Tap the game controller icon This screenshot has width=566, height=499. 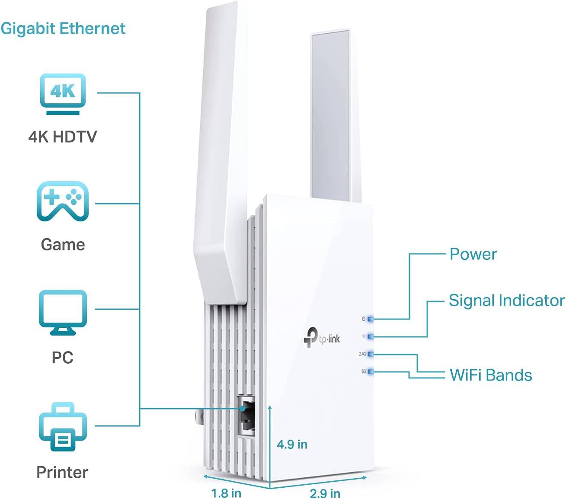pyautogui.click(x=63, y=202)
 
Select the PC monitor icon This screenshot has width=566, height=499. pyautogui.click(x=63, y=312)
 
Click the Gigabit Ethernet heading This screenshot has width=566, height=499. pyautogui.click(x=63, y=29)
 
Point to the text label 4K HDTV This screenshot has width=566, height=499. pyautogui.click(x=63, y=137)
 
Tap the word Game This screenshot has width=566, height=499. pyautogui.click(x=63, y=245)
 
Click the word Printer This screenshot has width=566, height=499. pyautogui.click(x=62, y=472)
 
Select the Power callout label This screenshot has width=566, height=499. pyautogui.click(x=473, y=254)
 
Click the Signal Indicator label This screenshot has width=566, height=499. pyautogui.click(x=506, y=301)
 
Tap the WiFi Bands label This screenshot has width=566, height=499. pyautogui.click(x=491, y=375)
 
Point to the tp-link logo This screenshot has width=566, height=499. pyautogui.click(x=322, y=337)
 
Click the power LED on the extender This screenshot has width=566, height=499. pyautogui.click(x=370, y=319)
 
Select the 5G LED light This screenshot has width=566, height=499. pyautogui.click(x=370, y=371)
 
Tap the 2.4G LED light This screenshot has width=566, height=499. pyautogui.click(x=370, y=354)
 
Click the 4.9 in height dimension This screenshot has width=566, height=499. pyautogui.click(x=292, y=444)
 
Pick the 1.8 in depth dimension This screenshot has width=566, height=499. pyautogui.click(x=226, y=493)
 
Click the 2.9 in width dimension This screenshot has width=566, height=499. pyautogui.click(x=325, y=493)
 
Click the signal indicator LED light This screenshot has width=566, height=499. pyautogui.click(x=370, y=336)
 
